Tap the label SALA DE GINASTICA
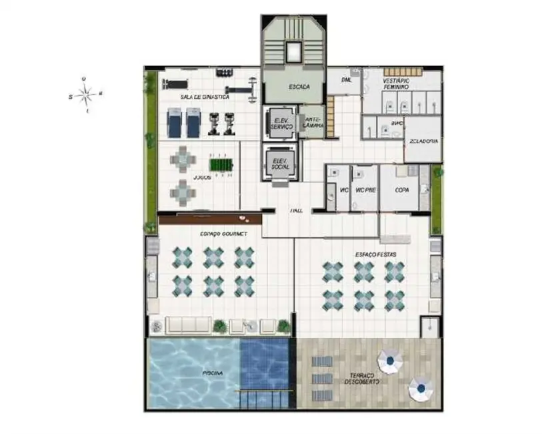pyautogui.click(x=205, y=97)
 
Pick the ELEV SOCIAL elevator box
pyautogui.click(x=280, y=163)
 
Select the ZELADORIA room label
pyautogui.click(x=424, y=142)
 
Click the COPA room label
pyautogui.click(x=402, y=190)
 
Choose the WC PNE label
pyautogui.click(x=364, y=190)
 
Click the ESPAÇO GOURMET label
pyautogui.click(x=223, y=234)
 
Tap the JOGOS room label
pyautogui.click(x=201, y=178)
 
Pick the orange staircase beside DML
pyautogui.click(x=329, y=116)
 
